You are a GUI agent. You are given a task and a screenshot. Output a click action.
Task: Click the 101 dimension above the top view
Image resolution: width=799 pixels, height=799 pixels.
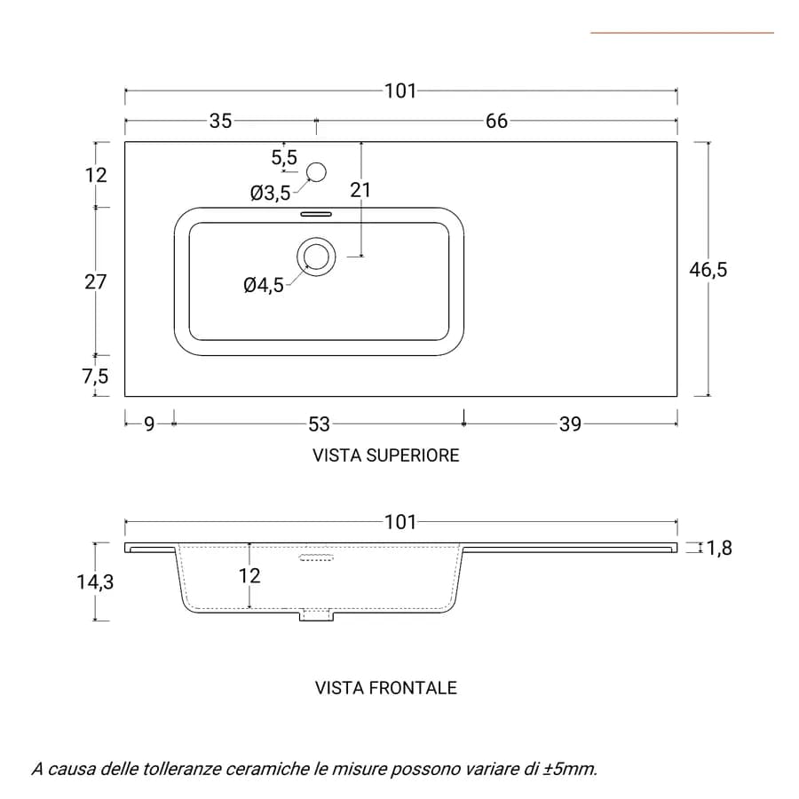[x=400, y=91]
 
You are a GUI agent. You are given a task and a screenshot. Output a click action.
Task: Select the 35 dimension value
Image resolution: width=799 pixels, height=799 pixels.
[x=221, y=121]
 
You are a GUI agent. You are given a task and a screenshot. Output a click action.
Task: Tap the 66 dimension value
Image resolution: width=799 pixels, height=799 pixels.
[x=496, y=121]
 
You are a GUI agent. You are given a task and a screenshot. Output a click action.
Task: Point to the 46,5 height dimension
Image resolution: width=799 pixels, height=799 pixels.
[x=708, y=269]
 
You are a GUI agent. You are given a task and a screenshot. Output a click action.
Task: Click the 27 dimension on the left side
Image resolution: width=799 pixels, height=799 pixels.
[x=95, y=281]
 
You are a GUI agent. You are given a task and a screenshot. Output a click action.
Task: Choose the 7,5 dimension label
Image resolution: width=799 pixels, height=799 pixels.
[x=95, y=376]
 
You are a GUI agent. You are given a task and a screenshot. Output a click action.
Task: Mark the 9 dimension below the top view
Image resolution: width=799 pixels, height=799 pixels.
[x=149, y=424]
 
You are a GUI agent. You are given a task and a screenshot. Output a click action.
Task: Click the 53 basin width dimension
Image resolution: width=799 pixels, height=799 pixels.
[x=320, y=424]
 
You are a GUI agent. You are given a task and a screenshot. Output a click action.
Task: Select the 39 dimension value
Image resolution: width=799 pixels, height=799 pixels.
[x=570, y=424]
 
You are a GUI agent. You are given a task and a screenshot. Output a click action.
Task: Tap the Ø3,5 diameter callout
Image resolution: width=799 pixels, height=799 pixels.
[x=270, y=194]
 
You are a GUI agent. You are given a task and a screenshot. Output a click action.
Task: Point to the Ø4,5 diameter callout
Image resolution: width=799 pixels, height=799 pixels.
[x=264, y=285]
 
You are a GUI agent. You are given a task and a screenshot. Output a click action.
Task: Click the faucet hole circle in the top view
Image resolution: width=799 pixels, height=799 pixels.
[x=316, y=172]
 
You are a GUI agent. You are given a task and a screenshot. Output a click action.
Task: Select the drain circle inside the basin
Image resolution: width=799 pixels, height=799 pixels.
[x=316, y=257]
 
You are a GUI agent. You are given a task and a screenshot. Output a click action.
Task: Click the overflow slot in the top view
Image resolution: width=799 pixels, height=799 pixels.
[x=316, y=214]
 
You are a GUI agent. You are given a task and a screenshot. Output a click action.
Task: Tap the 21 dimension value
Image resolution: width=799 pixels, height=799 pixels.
[x=360, y=190]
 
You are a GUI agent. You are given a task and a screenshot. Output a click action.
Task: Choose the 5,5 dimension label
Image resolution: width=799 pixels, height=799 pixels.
[x=284, y=157]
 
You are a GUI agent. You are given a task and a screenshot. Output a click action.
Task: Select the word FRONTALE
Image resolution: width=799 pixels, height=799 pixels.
[x=413, y=688]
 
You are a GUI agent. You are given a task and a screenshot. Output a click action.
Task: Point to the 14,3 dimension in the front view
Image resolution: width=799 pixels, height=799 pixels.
[x=95, y=581]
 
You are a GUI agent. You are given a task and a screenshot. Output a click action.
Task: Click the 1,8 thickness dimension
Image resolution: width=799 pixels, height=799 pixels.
[x=719, y=548]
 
